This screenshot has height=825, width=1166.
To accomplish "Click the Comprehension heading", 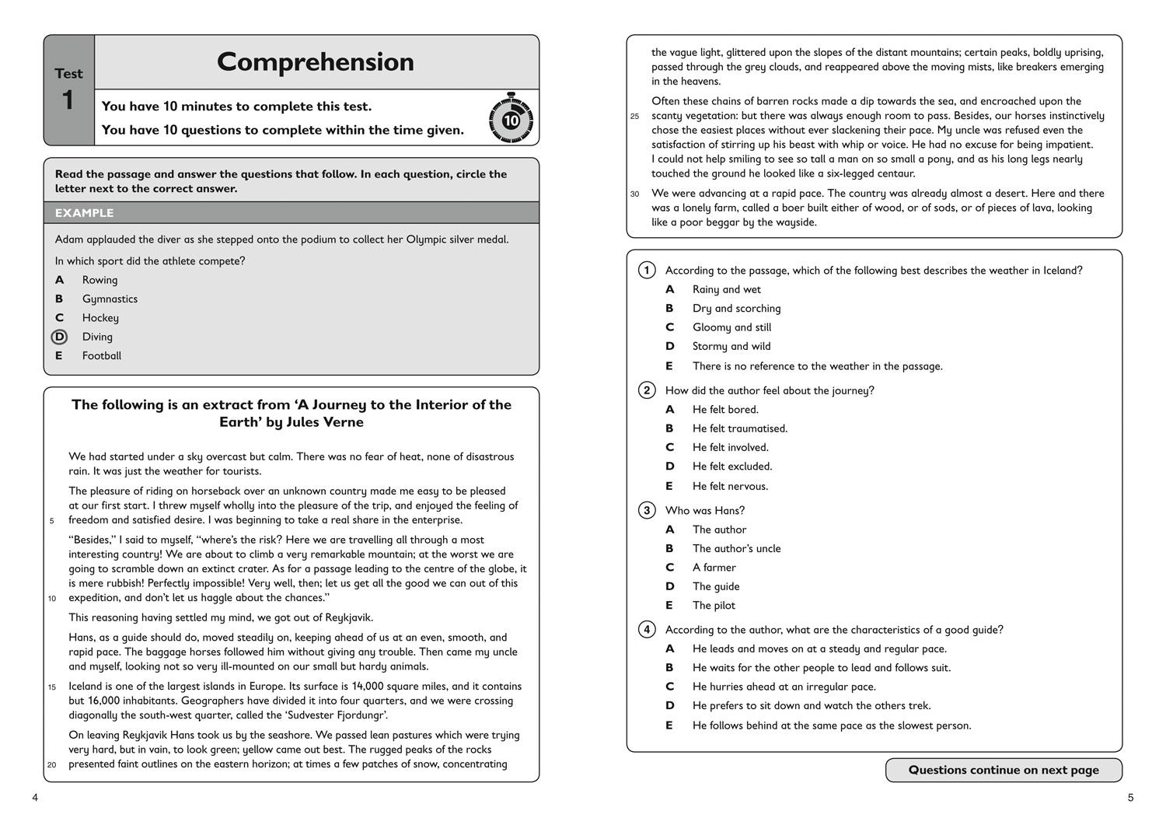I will point(315,62).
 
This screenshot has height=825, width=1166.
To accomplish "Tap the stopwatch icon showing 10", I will point(511,119).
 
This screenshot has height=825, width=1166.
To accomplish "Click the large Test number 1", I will point(68,100).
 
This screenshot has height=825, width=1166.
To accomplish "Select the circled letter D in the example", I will point(59,337).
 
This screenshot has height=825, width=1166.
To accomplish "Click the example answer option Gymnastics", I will point(110,299).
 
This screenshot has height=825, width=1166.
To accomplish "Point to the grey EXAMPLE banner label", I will point(84,213).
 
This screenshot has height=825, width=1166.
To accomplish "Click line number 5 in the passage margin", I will point(52,521).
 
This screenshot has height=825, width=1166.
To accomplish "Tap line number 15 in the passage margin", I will point(52,687).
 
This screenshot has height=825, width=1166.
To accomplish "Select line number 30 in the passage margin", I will point(635,194).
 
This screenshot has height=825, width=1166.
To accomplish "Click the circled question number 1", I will point(647,271).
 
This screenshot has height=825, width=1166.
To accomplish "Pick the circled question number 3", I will point(647,511).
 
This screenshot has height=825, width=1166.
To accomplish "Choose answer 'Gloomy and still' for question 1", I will point(731,327).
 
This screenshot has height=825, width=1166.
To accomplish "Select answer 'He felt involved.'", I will point(730,447).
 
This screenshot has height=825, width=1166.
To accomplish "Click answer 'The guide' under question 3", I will point(716,586).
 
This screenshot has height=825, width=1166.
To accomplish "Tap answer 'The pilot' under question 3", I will point(714,605).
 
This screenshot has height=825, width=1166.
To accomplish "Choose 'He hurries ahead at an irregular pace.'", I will point(784,687).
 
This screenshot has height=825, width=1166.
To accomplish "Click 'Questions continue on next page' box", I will point(1004,770).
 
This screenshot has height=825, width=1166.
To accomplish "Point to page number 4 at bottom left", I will point(35,798).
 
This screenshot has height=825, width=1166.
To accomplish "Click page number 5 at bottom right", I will point(1130,798).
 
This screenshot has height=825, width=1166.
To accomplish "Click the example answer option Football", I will point(102,355).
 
